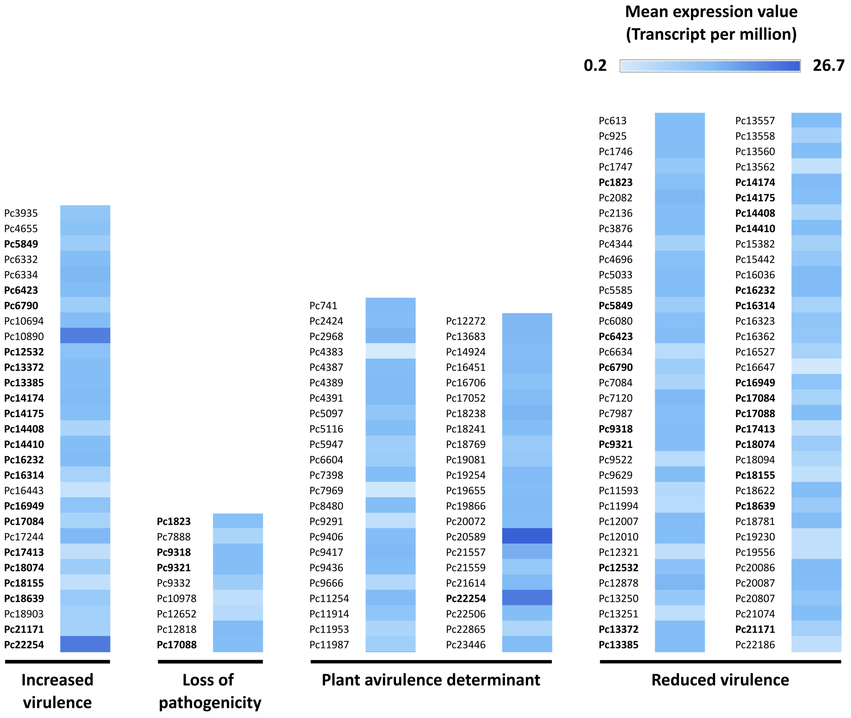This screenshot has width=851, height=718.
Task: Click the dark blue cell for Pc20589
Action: pyautogui.click(x=527, y=536)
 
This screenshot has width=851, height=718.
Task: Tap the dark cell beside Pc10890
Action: pyautogui.click(x=85, y=336)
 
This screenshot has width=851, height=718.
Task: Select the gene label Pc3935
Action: pyautogui.click(x=21, y=213)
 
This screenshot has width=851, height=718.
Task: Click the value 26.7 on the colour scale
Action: pyautogui.click(x=828, y=65)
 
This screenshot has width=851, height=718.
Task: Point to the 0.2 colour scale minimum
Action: pyautogui.click(x=595, y=65)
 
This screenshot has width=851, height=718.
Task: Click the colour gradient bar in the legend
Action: pyautogui.click(x=709, y=65)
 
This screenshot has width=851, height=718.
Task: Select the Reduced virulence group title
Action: pyautogui.click(x=719, y=680)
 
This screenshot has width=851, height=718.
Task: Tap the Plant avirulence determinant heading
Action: pyautogui.click(x=431, y=680)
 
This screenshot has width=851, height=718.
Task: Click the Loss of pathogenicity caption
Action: pyautogui.click(x=210, y=691)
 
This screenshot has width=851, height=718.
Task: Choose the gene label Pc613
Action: pyautogui.click(x=612, y=120)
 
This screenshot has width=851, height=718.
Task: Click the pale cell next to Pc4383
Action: pyautogui.click(x=390, y=351)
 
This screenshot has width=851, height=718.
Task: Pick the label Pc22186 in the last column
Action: pyautogui.click(x=755, y=645)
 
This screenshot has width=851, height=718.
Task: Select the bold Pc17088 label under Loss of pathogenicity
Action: pyautogui.click(x=177, y=645)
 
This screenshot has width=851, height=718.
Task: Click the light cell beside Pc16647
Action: pyautogui.click(x=816, y=367)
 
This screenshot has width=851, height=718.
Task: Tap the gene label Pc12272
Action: pyautogui.click(x=466, y=321)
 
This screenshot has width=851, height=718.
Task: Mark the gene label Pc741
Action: pyautogui.click(x=323, y=305)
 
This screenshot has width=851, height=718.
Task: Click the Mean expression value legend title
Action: pyautogui.click(x=710, y=23)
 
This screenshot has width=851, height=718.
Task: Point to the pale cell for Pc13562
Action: pyautogui.click(x=816, y=166)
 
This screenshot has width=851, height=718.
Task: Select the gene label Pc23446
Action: pyautogui.click(x=466, y=645)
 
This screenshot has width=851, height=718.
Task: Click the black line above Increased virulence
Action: pyautogui.click(x=58, y=662)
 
